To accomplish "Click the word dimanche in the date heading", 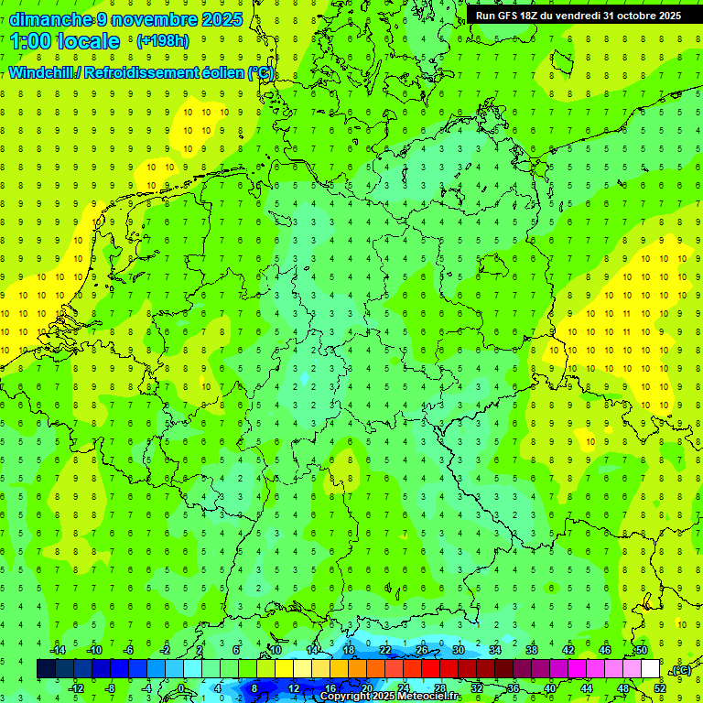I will point(50,19).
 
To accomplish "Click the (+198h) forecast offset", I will point(162,41).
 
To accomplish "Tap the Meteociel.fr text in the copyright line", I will point(428,697).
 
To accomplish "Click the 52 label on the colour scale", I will point(660,688).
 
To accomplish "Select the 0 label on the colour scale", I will point(181,688).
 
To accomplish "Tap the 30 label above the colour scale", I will point(458,650).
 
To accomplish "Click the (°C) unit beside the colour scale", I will point(681,670).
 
